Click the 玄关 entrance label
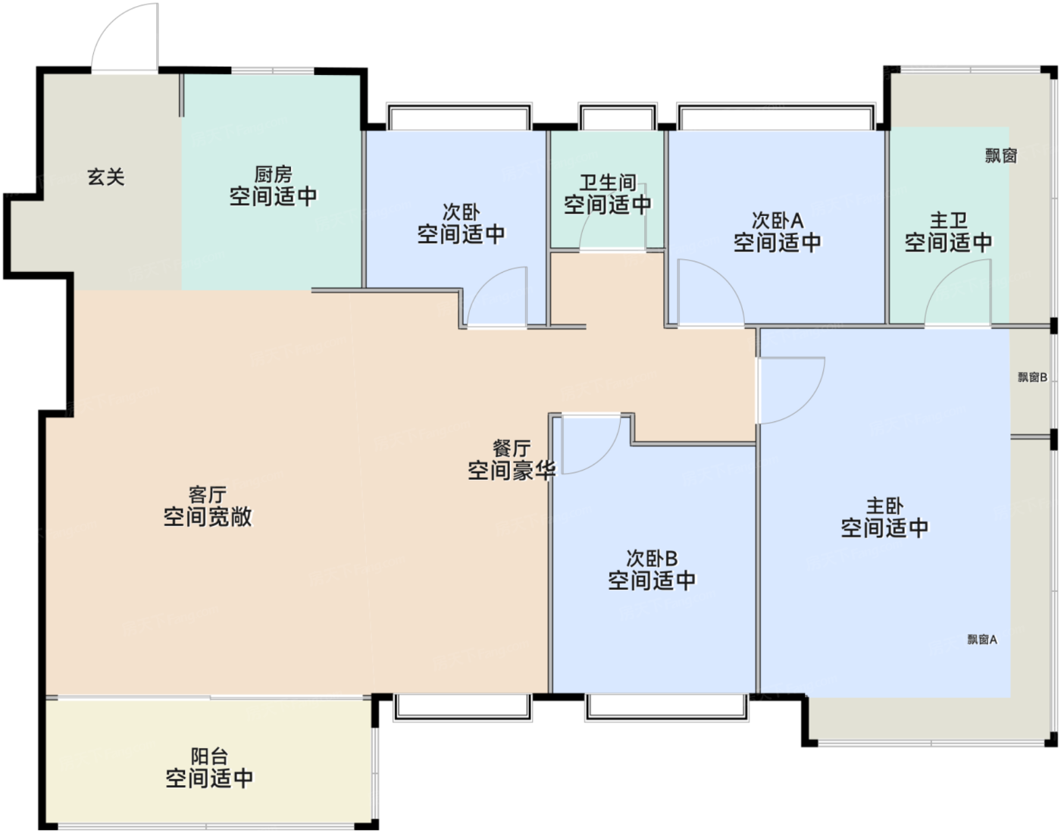[106, 177]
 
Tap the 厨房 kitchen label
[273, 174]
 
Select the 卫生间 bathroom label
[608, 183]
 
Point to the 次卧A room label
[778, 221]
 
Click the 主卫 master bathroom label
[948, 221]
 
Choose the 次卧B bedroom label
[652, 558]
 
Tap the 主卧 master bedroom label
[884, 506]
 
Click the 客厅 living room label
[208, 495]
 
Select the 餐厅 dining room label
[512, 448]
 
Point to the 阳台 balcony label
[209, 756]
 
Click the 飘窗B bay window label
[1032, 377]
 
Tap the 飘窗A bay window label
[982, 639]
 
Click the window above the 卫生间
[618, 116]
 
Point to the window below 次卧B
[666, 707]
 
